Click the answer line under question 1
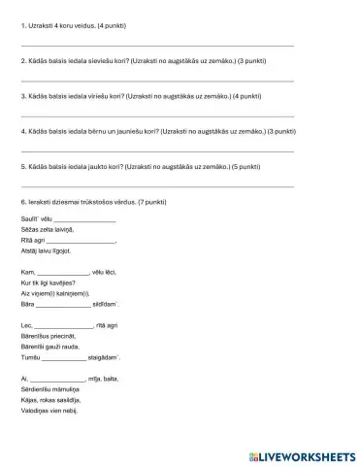(x=156, y=45)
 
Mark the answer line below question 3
(x=156, y=115)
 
